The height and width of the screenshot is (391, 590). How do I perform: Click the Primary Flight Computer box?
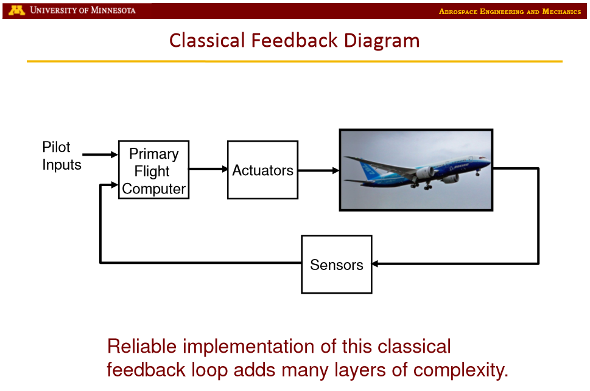tap(153, 170)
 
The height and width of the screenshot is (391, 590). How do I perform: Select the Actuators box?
tap(262, 170)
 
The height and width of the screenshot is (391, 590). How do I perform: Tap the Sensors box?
tap(336, 265)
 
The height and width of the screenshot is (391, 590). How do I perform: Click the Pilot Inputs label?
tap(61, 156)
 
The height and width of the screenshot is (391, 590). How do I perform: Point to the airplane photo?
tap(416, 170)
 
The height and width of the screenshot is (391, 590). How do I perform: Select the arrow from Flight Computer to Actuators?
tap(208, 169)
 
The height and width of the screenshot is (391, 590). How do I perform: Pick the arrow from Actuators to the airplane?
tap(318, 170)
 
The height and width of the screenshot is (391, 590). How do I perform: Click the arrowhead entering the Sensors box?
tap(376, 264)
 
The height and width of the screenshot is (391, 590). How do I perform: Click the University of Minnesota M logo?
tap(16, 10)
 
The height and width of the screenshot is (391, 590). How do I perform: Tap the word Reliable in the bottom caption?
tap(142, 347)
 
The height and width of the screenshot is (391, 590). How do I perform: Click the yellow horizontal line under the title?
tap(294, 61)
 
